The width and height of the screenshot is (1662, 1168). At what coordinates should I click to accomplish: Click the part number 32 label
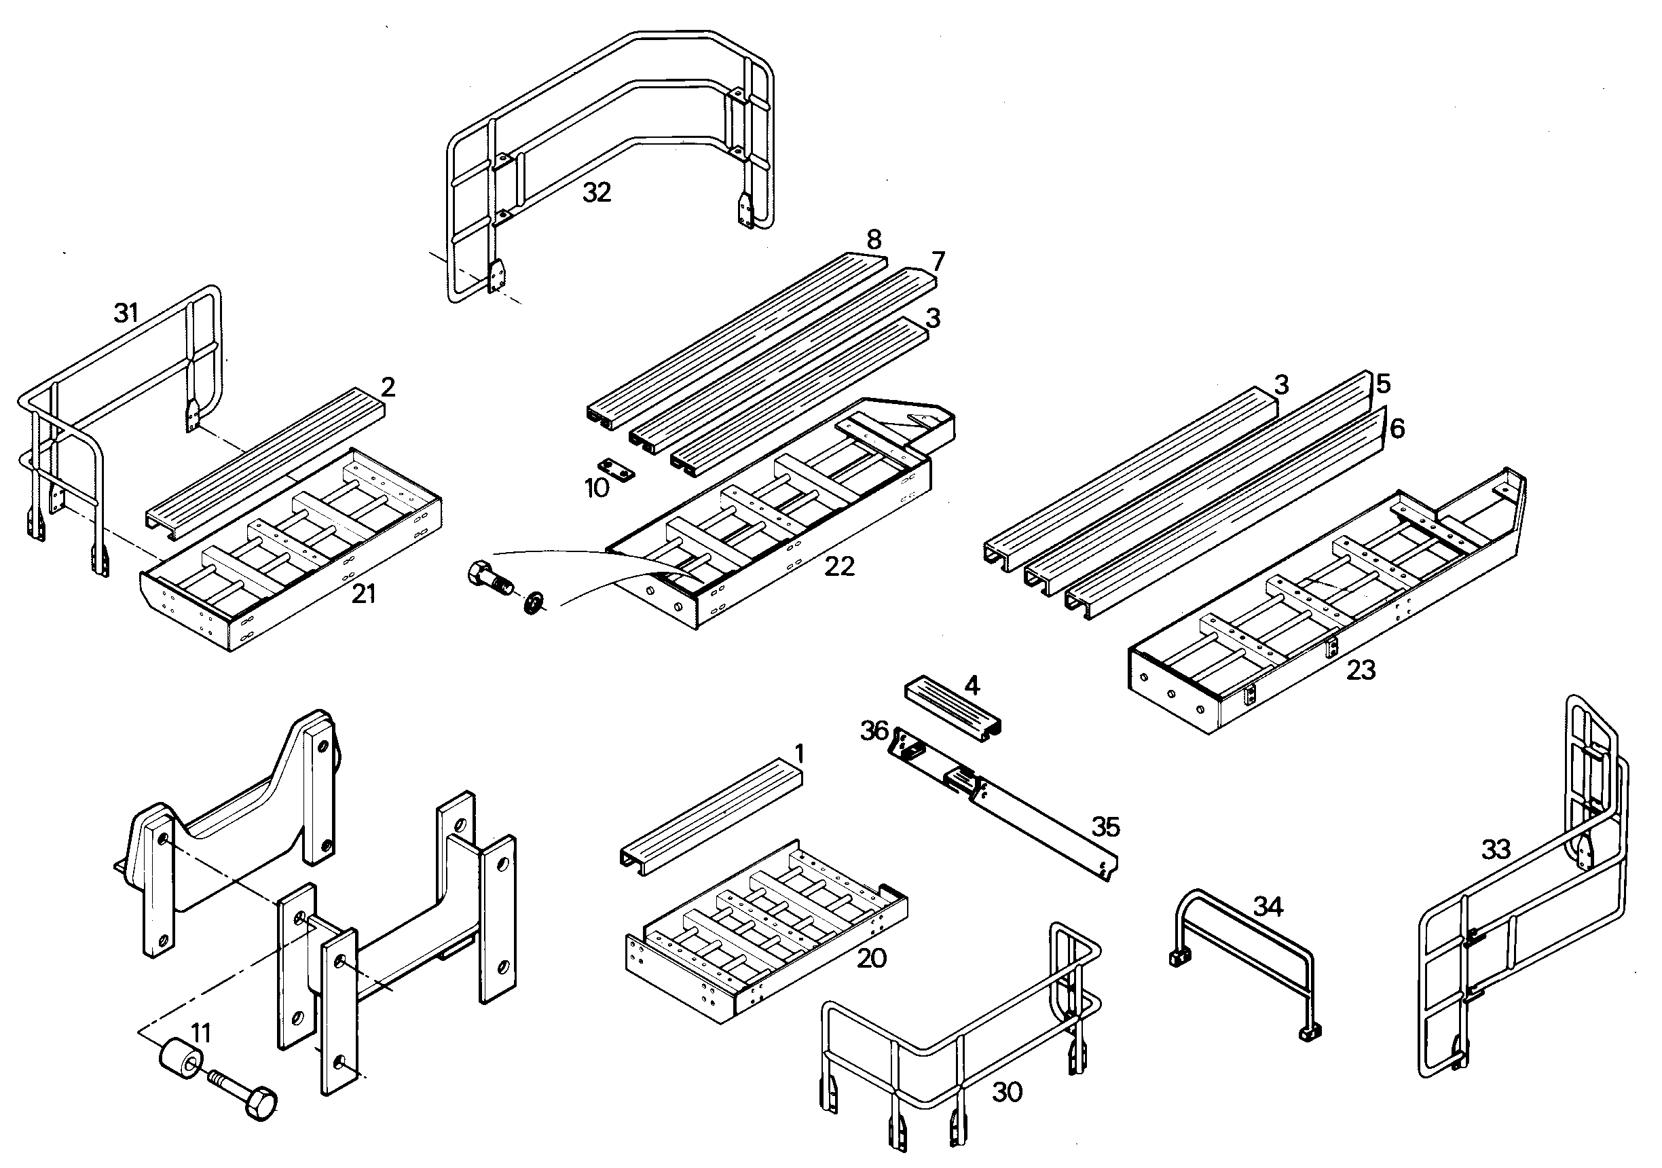597,193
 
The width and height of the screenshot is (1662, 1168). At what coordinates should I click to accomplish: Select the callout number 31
126,314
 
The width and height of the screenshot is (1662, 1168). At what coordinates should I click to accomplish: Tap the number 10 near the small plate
597,488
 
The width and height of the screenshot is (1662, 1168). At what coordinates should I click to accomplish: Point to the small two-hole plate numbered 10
616,469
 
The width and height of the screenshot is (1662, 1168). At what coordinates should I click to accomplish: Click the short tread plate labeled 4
953,709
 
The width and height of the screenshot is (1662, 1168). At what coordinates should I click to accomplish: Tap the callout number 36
874,731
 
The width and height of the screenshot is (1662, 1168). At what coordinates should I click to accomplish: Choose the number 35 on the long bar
1105,827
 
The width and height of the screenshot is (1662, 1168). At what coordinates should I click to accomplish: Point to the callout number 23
1360,670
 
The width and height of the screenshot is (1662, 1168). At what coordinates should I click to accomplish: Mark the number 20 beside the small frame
872,959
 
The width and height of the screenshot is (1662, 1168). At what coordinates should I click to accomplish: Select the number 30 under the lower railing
1007,1092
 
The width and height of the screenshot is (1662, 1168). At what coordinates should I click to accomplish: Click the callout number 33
1496,850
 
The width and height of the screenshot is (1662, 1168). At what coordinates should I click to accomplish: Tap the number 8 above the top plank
874,240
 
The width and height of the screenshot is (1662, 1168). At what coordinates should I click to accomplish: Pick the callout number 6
1397,428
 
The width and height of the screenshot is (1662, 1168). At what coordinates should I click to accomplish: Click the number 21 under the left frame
363,594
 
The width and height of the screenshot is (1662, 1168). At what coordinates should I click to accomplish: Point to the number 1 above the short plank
799,754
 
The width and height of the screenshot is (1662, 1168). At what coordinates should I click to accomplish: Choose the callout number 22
840,566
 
